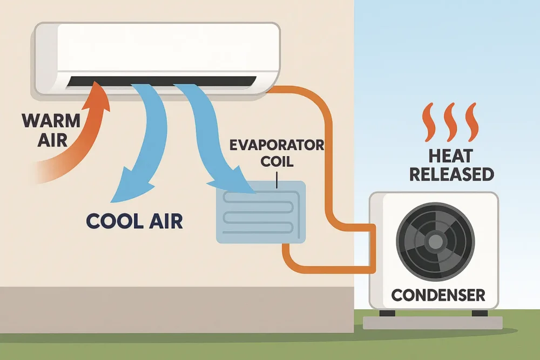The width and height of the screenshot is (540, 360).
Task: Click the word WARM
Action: pyautogui.click(x=51, y=121)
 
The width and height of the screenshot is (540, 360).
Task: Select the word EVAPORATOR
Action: pyautogui.click(x=276, y=145)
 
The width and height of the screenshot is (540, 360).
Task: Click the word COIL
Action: pyautogui.click(x=277, y=161)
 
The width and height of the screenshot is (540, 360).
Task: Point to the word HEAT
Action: pyautogui.click(x=450, y=157)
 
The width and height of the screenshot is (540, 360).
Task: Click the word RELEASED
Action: pyautogui.click(x=451, y=174)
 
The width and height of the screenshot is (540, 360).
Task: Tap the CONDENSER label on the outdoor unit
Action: pyautogui.click(x=438, y=295)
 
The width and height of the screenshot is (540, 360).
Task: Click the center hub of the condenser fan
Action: pyautogui.click(x=435, y=242)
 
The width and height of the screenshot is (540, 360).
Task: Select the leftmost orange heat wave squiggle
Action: pyautogui.click(x=429, y=122)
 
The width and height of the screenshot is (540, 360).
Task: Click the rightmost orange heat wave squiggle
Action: pyautogui.click(x=471, y=122)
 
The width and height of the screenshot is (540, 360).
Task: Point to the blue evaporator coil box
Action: pyautogui.click(x=261, y=212)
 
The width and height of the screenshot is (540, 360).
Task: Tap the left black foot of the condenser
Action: pyautogui.click(x=387, y=313)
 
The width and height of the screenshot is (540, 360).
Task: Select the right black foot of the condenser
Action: pyautogui.click(x=480, y=313)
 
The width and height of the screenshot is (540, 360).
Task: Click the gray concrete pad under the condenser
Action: pyautogui.click(x=433, y=323)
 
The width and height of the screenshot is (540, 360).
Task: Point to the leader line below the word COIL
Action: pyautogui.click(x=276, y=180)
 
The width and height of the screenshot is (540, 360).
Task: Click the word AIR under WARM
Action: pyautogui.click(x=52, y=140)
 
